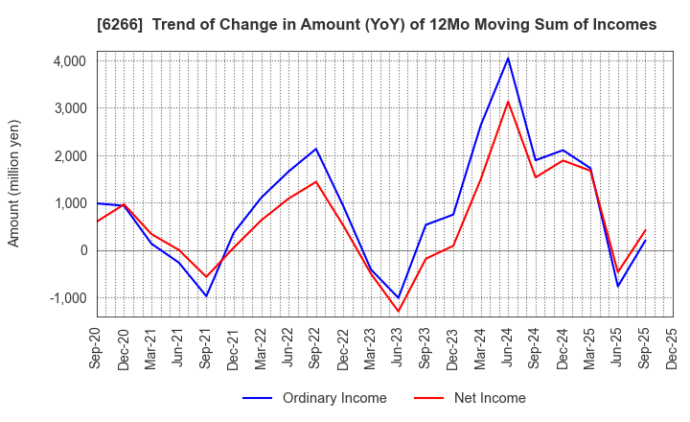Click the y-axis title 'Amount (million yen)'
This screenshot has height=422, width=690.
(13, 183)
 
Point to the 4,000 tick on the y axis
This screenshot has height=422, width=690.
(70, 61)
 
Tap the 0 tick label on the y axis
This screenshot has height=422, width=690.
(83, 251)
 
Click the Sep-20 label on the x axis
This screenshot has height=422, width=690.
(97, 350)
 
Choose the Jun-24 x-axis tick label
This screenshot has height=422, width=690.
(508, 350)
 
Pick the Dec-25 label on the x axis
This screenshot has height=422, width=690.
(673, 350)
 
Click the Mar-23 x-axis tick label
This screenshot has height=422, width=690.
(371, 350)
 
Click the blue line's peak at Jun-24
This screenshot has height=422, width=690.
(508, 58)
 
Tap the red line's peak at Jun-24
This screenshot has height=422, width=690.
(508, 102)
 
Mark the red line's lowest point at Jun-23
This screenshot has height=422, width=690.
(398, 311)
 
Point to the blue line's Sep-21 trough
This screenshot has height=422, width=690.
(206, 295)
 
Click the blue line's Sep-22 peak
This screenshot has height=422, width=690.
(316, 149)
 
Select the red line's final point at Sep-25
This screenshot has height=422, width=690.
(645, 230)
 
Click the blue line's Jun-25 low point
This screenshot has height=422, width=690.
(618, 286)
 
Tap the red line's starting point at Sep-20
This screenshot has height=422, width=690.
(97, 222)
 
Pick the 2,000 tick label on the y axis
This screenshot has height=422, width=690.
(70, 156)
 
